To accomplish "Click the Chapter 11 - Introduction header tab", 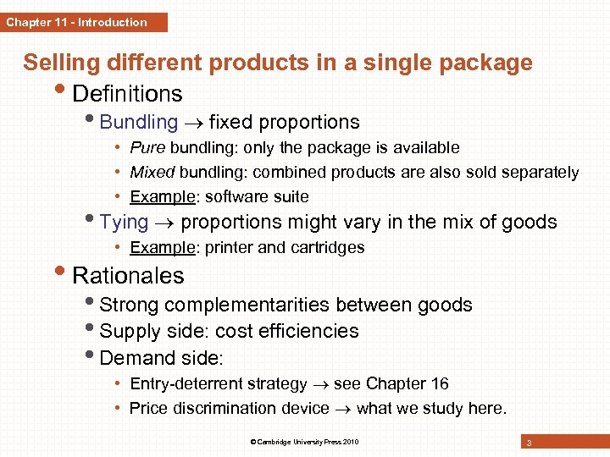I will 83,22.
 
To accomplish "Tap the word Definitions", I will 127,93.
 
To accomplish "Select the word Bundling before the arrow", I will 139,123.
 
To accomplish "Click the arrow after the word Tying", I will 164,223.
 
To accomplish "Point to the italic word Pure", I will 147,147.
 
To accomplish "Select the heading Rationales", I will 128,275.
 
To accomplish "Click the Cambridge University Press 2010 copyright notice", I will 304,443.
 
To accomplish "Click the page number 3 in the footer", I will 529,443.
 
